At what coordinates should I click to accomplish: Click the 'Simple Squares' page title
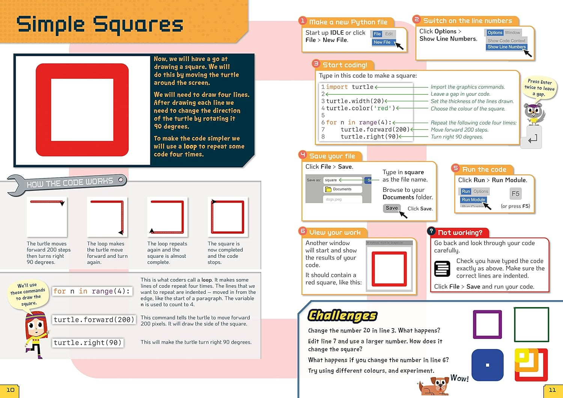[x=100, y=25]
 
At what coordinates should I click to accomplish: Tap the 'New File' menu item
[x=382, y=42]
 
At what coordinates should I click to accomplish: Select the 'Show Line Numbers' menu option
[x=506, y=47]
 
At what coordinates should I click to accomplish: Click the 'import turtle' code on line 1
[x=349, y=87]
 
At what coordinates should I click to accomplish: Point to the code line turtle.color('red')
[x=360, y=108]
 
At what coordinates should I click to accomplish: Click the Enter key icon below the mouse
[x=532, y=139]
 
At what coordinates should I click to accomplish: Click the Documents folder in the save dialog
[x=342, y=189]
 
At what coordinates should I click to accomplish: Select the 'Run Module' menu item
[x=473, y=200]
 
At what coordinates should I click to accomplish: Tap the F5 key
[x=515, y=194]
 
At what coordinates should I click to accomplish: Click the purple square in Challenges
[x=487, y=324]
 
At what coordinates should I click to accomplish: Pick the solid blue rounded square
[x=487, y=365]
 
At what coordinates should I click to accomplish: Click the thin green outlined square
[x=531, y=324]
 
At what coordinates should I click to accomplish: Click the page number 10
[x=10, y=390]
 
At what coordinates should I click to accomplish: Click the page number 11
[x=552, y=390]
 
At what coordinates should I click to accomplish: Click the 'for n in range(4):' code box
[x=92, y=291]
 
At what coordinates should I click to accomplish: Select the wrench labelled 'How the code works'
[x=68, y=183]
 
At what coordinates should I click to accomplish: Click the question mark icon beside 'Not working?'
[x=431, y=231]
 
